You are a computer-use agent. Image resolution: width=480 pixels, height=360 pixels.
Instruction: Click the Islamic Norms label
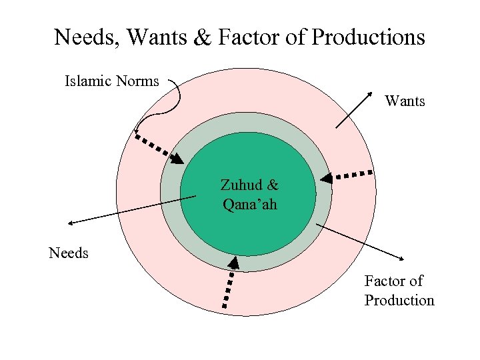111,81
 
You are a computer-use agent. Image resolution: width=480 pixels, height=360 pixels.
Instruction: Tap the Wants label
405,101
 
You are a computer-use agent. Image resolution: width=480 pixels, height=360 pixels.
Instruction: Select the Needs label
69,253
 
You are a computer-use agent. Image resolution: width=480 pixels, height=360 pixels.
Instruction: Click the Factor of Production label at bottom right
399,291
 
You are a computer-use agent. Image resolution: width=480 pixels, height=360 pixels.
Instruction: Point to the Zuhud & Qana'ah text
249,194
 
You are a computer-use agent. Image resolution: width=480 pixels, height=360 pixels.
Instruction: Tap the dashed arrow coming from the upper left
160,149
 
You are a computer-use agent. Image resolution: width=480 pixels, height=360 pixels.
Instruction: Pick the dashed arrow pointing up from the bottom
229,283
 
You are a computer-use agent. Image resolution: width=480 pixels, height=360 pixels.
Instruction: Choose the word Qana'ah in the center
249,203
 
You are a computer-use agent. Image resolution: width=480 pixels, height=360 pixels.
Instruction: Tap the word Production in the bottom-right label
399,300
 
